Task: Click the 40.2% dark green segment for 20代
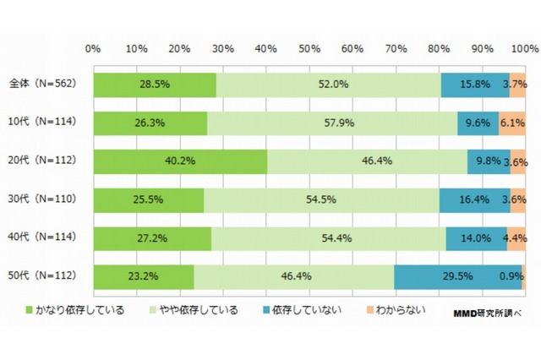180,161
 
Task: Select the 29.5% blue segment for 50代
457,277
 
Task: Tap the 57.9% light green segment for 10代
332,123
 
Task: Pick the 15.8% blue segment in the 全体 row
475,85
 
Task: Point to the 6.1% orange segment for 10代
512,123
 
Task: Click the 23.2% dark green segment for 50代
144,277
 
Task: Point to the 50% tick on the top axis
309,47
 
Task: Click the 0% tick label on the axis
94,47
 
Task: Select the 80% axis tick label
439,47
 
